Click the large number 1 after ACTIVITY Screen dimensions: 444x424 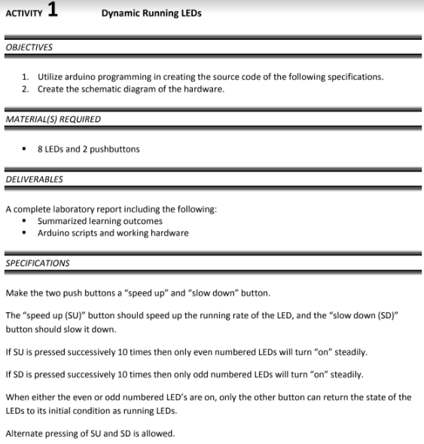pyautogui.click(x=51, y=11)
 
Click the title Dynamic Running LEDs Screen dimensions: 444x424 pyautogui.click(x=151, y=14)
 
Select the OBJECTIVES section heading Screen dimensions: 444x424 pyautogui.click(x=29, y=47)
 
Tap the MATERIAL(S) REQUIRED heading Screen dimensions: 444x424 pyautogui.click(x=53, y=119)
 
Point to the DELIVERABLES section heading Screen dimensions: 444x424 pyautogui.click(x=34, y=179)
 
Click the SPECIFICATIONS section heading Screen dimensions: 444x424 pyautogui.click(x=38, y=263)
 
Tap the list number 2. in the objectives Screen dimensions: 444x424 pyautogui.click(x=26, y=89)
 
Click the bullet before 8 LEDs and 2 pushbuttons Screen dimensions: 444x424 pyautogui.click(x=26, y=149)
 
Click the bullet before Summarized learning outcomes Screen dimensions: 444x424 pyautogui.click(x=26, y=221)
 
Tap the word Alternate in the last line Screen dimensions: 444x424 pyautogui.click(x=25, y=433)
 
